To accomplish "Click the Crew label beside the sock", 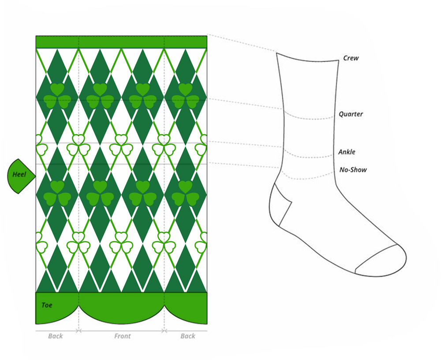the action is [x=351, y=58].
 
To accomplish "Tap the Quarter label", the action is [x=351, y=114].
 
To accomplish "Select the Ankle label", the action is [x=347, y=152].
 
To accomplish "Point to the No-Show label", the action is [x=353, y=170].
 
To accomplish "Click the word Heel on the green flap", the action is [x=19, y=175].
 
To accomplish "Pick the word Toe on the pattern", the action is [x=47, y=305].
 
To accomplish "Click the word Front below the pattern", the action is [x=122, y=336].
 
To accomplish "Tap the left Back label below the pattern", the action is [x=56, y=336].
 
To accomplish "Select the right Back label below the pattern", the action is [x=187, y=336].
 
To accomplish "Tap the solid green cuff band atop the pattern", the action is [x=121, y=42].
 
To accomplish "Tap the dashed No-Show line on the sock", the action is [x=309, y=178].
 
